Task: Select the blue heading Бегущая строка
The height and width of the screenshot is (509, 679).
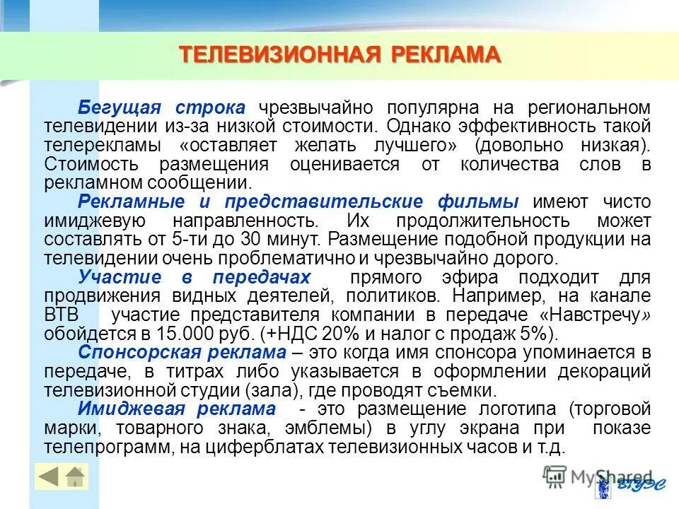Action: [x=161, y=107]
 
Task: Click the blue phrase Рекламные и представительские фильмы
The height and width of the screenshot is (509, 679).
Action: [x=298, y=201]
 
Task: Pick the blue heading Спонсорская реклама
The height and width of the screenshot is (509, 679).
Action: [x=182, y=351]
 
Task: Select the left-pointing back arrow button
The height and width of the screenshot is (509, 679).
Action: [x=49, y=477]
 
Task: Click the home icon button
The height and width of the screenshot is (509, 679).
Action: [x=75, y=477]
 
